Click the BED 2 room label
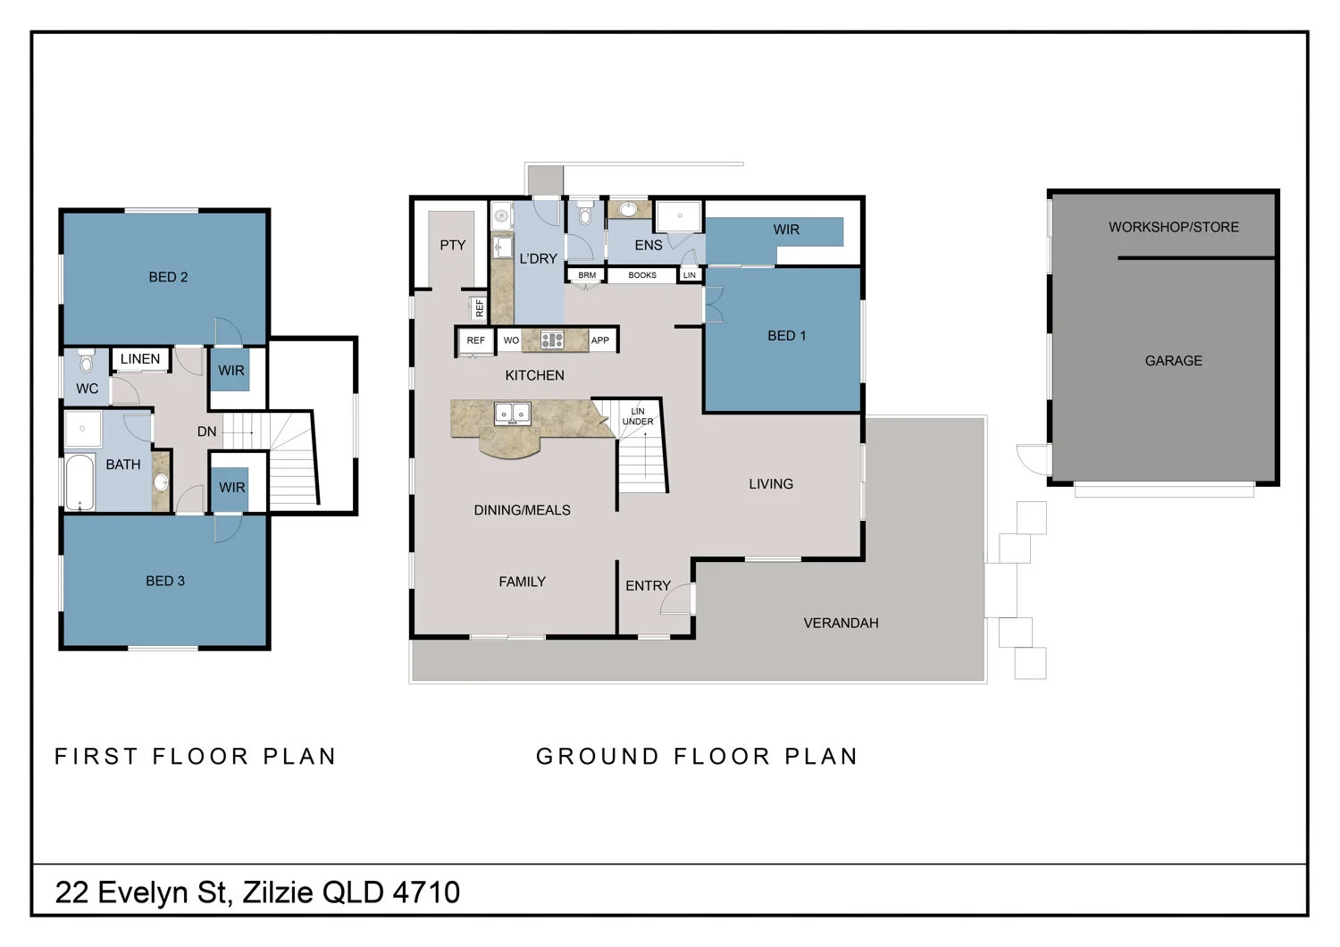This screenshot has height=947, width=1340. point(168,277)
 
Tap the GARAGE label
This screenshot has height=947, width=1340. point(1173,361)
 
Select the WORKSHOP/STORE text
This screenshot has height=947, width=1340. point(1173,227)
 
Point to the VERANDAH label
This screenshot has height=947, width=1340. point(841,623)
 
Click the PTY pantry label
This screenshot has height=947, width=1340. point(453,245)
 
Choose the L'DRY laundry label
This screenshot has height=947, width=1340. point(538,258)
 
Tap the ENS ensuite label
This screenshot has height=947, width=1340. point(649,245)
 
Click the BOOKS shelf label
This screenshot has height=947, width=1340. point(642,275)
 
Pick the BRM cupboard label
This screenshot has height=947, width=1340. point(587,275)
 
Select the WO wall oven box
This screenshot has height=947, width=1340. point(511,340)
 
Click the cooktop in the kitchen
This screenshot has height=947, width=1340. point(552,339)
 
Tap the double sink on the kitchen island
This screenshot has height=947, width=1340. point(513,414)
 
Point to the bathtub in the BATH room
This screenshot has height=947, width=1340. point(80,482)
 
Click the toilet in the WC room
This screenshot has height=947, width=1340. point(86,361)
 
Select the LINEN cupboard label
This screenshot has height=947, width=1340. point(140,359)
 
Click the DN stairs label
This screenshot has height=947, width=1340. point(206,432)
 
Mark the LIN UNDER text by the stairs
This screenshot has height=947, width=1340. point(638,416)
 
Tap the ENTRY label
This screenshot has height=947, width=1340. point(648,585)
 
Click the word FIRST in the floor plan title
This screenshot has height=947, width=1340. point(96,757)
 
